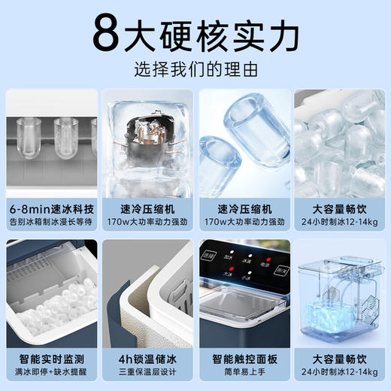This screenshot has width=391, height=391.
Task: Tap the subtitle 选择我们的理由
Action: click(195, 70)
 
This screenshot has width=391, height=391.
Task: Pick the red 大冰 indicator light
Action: click(232, 268)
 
